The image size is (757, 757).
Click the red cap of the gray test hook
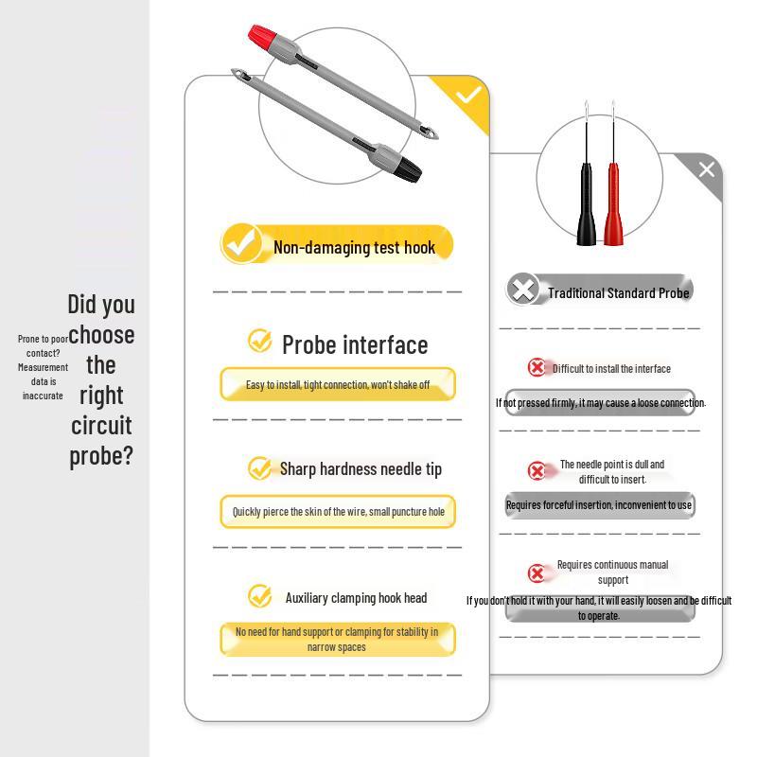tap(262, 36)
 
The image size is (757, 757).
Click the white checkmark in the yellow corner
tap(468, 94)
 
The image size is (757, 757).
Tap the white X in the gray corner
tap(707, 169)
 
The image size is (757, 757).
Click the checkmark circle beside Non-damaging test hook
tap(241, 244)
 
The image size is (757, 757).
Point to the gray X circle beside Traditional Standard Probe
tap(523, 290)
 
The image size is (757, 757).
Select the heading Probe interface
tap(355, 345)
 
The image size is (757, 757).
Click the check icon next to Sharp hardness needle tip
tap(259, 468)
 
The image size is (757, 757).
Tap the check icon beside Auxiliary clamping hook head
tap(259, 596)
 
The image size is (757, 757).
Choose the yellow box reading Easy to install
tap(338, 384)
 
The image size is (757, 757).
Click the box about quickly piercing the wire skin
tap(338, 511)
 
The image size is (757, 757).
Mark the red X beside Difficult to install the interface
tap(537, 367)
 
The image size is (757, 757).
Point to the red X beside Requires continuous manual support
tap(537, 573)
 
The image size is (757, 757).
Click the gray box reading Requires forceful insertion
tap(600, 505)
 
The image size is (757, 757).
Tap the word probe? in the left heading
tap(101, 456)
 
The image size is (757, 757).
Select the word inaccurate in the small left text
tap(43, 396)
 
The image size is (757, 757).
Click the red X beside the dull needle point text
tap(537, 470)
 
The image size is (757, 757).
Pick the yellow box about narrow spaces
tap(338, 640)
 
